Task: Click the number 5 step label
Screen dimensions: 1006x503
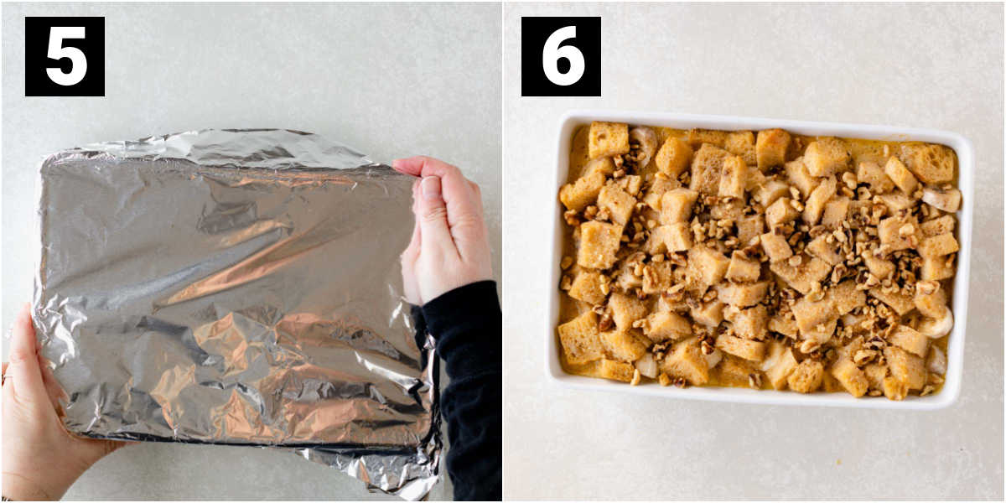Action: (x=65, y=57)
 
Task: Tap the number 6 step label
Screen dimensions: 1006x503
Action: (x=561, y=57)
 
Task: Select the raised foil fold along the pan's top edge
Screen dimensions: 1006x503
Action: (x=225, y=148)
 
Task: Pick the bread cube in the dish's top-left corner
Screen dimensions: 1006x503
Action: (x=608, y=139)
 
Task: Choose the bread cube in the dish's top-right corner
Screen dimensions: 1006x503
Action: (x=929, y=163)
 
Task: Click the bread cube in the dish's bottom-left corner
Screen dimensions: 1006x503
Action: (x=580, y=338)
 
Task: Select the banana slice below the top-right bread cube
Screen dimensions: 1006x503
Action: (x=941, y=199)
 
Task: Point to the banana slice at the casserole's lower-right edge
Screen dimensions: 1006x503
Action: (x=937, y=323)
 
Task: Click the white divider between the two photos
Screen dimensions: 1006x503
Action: (x=502, y=251)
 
